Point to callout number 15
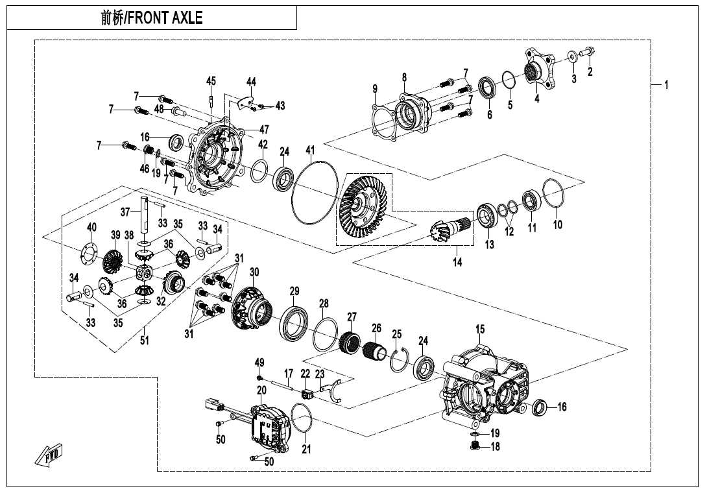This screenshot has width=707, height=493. pyautogui.click(x=479, y=330)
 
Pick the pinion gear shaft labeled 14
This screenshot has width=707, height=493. pyautogui.click(x=448, y=228)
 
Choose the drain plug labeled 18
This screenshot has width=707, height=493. pyautogui.click(x=475, y=446)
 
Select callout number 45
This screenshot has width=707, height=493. pyautogui.click(x=211, y=81)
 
